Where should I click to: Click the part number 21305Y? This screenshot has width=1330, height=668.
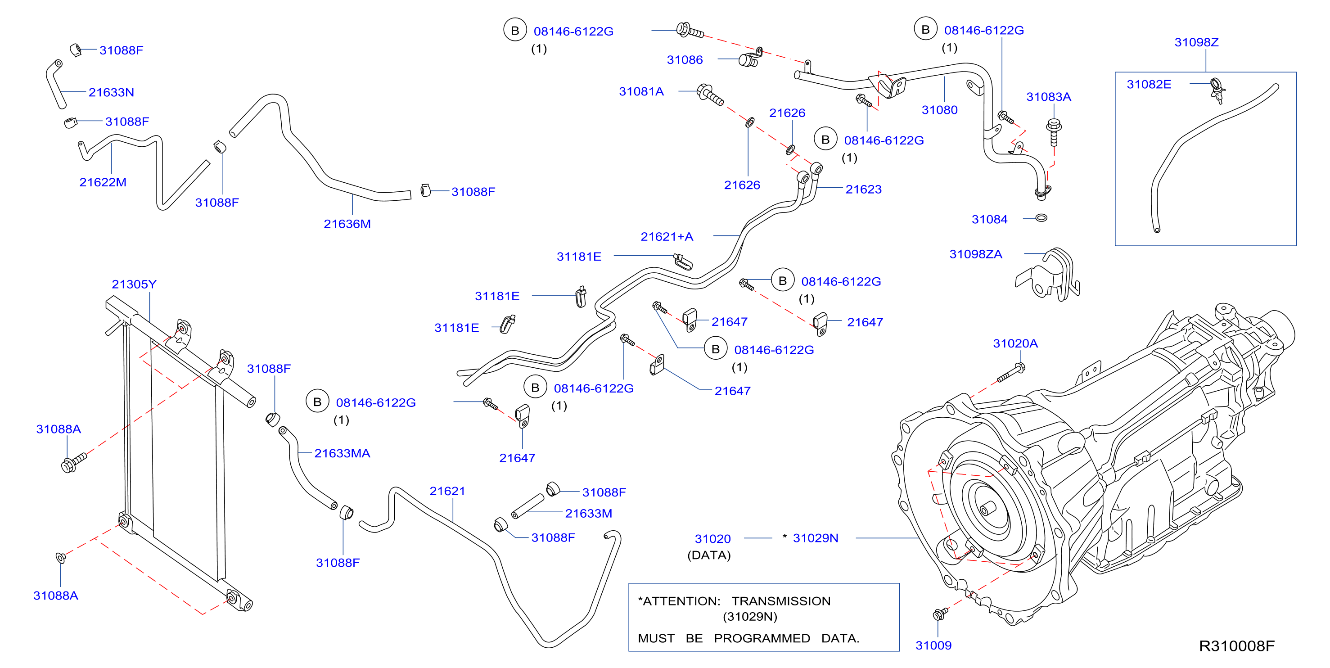134,284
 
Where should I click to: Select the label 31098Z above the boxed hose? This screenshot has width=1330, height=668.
1196,42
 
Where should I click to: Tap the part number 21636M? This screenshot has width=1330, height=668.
347,224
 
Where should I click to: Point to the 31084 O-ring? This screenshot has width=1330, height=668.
1041,218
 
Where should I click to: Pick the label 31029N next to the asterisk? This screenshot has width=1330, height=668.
815,538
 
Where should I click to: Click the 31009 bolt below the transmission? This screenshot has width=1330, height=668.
940,614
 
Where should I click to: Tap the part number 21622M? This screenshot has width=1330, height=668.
103,182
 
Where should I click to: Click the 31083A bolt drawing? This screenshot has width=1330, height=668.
1053,131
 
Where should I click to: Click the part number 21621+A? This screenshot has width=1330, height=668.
667,236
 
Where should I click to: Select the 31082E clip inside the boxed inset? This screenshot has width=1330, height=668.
1217,90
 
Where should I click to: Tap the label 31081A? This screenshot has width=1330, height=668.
641,91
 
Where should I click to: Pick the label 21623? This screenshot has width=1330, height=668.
863,189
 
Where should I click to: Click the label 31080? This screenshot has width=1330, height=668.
939,109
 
